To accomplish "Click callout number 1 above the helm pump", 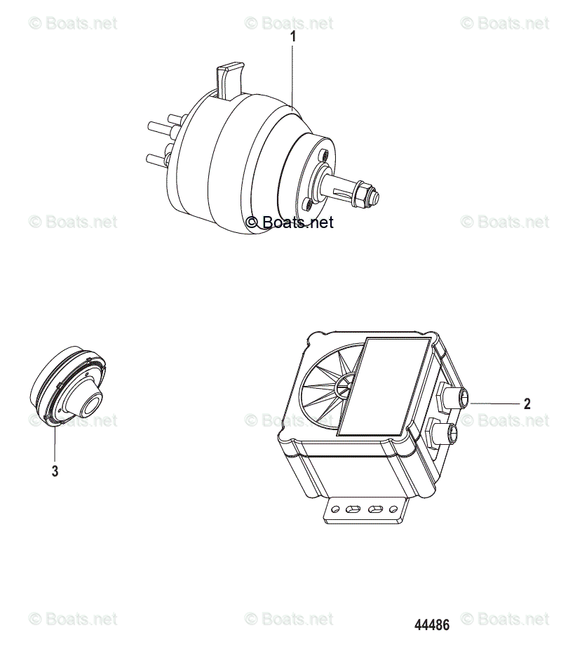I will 293,37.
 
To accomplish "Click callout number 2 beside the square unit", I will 527,403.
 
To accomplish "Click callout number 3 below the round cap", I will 55,472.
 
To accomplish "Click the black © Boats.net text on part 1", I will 290,222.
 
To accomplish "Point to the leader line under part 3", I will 55,442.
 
